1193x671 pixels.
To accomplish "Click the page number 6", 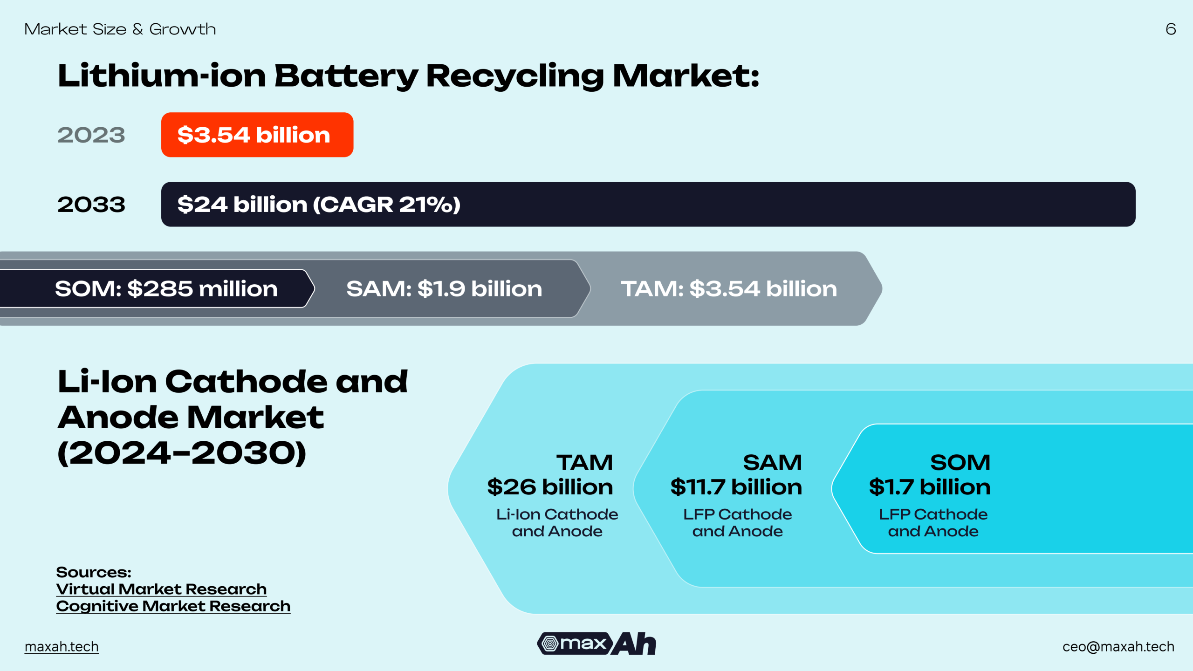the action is [1171, 29].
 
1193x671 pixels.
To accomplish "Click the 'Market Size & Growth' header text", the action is [120, 29].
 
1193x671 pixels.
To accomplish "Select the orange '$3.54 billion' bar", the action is [257, 135].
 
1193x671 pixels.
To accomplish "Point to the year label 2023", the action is [91, 135].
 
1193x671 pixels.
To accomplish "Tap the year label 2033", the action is [91, 205].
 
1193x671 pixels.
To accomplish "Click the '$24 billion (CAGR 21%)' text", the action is [319, 205].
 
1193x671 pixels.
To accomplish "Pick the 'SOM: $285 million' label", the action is [166, 289].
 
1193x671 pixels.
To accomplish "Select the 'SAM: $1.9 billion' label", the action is [444, 289].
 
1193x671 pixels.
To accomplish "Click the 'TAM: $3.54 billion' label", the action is [729, 289].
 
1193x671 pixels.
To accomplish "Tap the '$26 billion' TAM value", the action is [550, 487].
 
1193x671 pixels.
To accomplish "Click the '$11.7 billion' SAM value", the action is [736, 487].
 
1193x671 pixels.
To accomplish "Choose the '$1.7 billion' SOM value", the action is [930, 487].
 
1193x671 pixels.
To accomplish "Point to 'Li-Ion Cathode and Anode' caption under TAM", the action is [557, 523].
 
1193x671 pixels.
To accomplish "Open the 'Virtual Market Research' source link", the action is [161, 589].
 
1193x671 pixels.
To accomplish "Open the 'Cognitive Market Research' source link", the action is [173, 606].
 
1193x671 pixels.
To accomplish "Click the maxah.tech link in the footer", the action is [62, 647].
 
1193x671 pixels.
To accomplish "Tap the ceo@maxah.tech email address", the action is [1118, 647].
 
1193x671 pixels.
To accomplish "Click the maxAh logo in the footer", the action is [596, 644].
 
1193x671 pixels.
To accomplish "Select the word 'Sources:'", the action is [94, 572].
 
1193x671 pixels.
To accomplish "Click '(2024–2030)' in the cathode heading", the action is [182, 453].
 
